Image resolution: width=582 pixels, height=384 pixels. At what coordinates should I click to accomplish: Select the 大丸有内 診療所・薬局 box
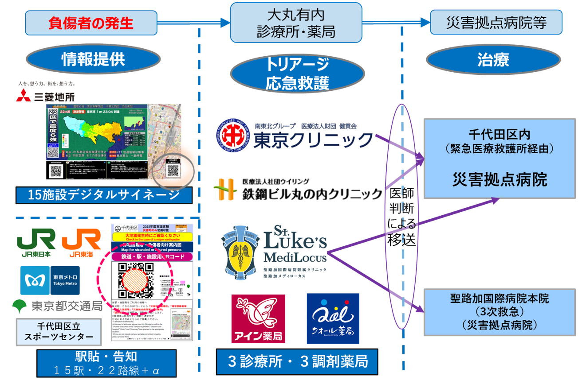coord(296,22)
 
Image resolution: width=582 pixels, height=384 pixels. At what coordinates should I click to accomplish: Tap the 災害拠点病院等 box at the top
coord(496,22)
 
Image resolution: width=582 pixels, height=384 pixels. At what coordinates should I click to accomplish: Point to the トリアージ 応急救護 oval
coord(298,74)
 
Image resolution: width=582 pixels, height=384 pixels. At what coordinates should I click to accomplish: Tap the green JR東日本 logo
coord(36,242)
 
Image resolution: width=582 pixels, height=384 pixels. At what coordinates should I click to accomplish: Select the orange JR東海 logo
coord(81,242)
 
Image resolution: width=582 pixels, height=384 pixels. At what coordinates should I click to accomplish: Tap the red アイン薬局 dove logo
coord(258,318)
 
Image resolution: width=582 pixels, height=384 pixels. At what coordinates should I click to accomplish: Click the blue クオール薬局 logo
coord(333,318)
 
